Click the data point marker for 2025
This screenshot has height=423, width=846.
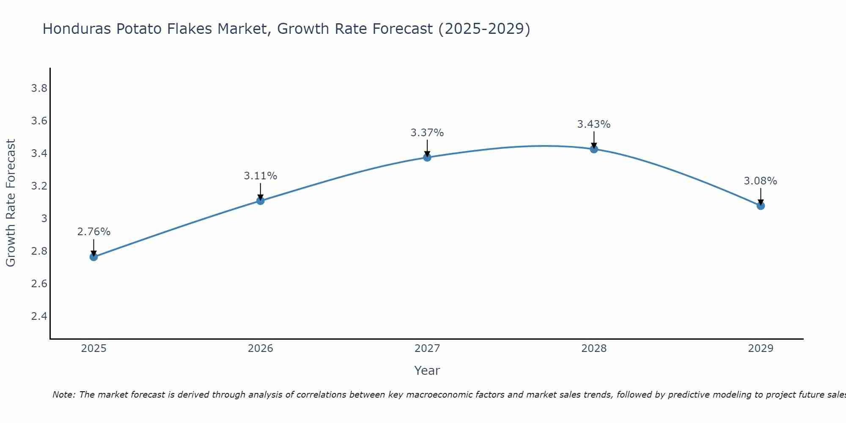tap(94, 257)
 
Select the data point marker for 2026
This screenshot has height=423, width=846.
tap(261, 201)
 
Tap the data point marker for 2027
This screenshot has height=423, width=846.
tap(427, 157)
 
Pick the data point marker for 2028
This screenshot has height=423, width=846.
tap(594, 149)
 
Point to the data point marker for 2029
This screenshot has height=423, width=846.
tap(761, 206)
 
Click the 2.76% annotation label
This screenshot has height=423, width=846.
tap(94, 232)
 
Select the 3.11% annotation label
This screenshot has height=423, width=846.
tap(261, 176)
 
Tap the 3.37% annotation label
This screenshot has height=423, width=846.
tap(427, 133)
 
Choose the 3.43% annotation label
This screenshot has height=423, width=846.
tap(594, 124)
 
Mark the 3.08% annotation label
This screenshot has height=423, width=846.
tap(761, 181)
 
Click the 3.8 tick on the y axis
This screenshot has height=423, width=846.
tap(39, 88)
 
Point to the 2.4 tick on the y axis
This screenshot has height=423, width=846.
tap(39, 316)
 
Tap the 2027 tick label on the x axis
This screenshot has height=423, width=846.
tap(427, 349)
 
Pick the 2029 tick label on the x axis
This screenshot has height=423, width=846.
tap(761, 349)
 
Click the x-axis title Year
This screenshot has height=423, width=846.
tap(427, 371)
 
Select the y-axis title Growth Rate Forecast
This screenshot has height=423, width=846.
tap(11, 203)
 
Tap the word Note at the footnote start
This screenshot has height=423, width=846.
tap(63, 395)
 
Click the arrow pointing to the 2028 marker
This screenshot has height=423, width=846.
tap(594, 140)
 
